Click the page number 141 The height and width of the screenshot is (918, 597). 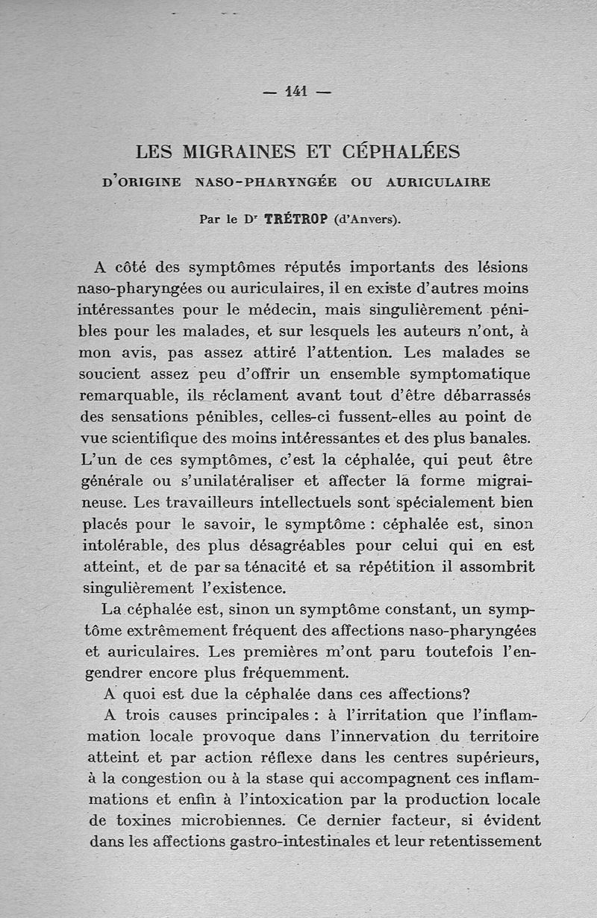[297, 92]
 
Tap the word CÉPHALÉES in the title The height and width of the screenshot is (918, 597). [401, 152]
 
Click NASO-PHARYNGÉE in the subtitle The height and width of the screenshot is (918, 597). [265, 181]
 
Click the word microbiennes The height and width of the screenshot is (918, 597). [223, 820]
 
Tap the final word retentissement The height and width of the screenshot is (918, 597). [485, 842]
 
